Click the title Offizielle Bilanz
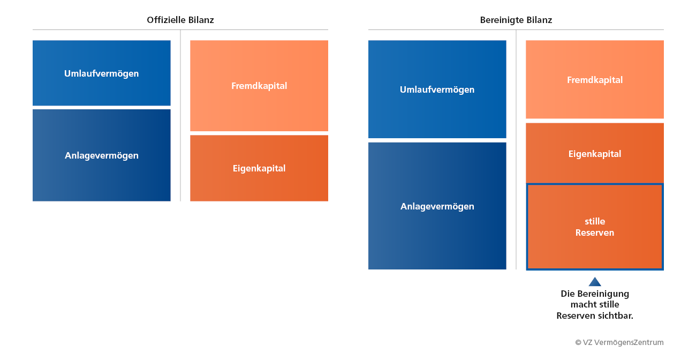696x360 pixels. coord(180,20)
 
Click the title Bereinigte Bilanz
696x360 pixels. coord(516,20)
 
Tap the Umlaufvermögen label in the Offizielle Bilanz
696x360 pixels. coord(101,74)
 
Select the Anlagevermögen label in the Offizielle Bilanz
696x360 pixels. coord(102,155)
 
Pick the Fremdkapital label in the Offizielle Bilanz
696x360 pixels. coord(259,86)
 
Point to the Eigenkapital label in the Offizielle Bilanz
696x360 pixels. coord(259,169)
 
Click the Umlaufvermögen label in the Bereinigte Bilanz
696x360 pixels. coord(437,90)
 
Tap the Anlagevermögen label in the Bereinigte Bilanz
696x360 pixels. coord(437,206)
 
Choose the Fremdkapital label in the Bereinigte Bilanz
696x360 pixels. coord(595,80)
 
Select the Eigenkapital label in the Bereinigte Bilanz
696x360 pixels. coord(595,154)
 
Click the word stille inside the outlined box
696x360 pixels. coord(595,221)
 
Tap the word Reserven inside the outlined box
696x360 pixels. coord(595,232)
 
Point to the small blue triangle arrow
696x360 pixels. coord(595,282)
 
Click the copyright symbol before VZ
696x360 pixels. coord(578,343)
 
